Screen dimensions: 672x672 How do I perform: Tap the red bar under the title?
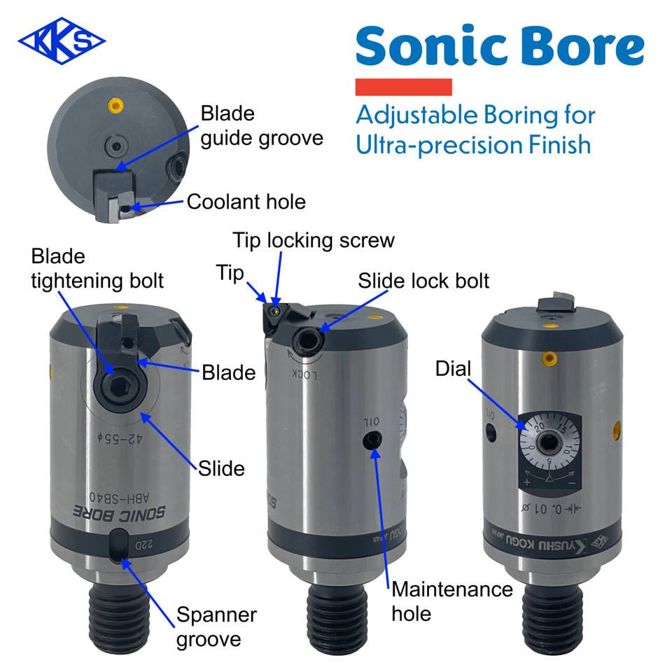[x=403, y=87]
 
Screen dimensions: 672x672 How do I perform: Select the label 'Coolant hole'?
[x=246, y=202]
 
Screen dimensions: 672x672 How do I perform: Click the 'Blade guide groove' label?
[x=261, y=125]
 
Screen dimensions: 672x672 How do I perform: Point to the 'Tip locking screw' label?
[x=314, y=240]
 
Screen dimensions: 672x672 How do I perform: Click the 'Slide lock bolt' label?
[x=423, y=281]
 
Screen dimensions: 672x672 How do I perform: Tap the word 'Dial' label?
[x=453, y=367]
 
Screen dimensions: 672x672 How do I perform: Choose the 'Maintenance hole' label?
[x=451, y=601]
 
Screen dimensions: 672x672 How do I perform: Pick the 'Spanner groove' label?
[x=216, y=626]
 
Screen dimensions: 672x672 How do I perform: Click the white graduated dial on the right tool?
[x=550, y=443]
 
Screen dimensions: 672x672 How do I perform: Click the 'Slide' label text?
[x=221, y=468]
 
